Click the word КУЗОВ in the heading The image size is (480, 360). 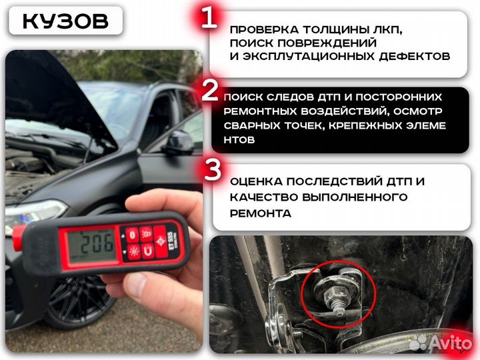(x=65, y=20)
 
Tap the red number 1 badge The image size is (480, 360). (x=209, y=18)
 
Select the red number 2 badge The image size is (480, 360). (x=209, y=92)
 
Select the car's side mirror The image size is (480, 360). (x=179, y=141)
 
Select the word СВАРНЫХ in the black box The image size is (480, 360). (x=255, y=125)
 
